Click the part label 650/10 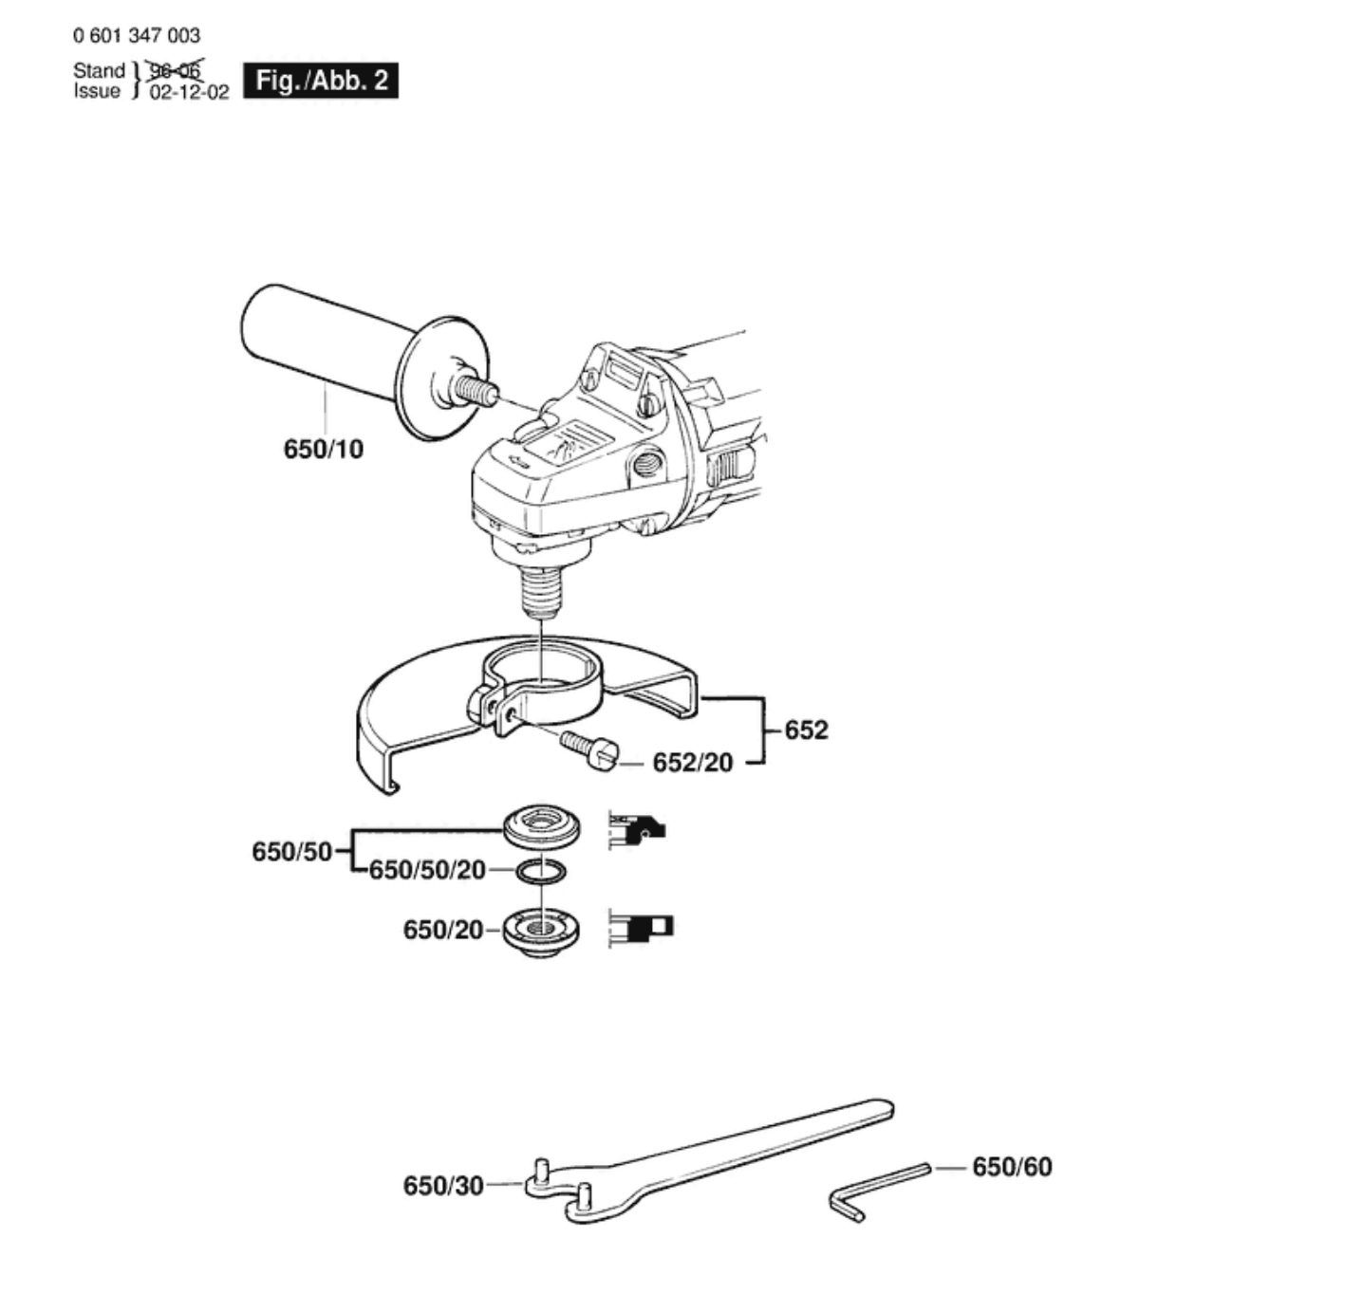pyautogui.click(x=323, y=449)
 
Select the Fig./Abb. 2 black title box pyautogui.click(x=321, y=81)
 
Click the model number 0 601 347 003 pyautogui.click(x=137, y=36)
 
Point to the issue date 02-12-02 pyautogui.click(x=189, y=93)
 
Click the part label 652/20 pyautogui.click(x=692, y=763)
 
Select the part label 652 pyautogui.click(x=806, y=730)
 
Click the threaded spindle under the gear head pyautogui.click(x=541, y=588)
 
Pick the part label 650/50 pyautogui.click(x=291, y=851)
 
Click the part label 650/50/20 pyautogui.click(x=427, y=870)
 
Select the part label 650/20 pyautogui.click(x=443, y=930)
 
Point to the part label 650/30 pyautogui.click(x=443, y=1186)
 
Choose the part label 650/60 pyautogui.click(x=1012, y=1167)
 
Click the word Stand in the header pyautogui.click(x=99, y=71)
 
